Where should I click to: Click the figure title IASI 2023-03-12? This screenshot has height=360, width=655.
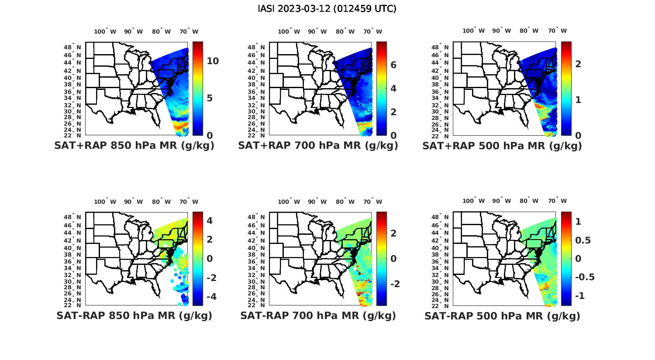click(x=327, y=9)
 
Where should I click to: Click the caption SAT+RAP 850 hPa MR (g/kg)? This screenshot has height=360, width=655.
click(x=134, y=146)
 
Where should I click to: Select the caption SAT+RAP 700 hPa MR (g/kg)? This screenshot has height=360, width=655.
click(x=318, y=146)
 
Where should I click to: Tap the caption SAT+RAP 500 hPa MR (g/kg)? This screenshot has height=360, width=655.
click(x=502, y=146)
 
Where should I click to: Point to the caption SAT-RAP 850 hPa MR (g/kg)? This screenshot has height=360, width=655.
click(x=134, y=315)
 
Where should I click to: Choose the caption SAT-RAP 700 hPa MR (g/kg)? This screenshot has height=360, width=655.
click(x=318, y=315)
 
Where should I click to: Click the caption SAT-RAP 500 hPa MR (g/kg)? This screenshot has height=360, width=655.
click(x=502, y=316)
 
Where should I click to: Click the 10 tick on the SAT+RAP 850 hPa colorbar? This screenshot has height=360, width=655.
click(x=213, y=61)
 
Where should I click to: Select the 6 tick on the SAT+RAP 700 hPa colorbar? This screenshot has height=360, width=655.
click(x=393, y=65)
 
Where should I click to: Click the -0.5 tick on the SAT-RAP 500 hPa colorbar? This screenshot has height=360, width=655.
click(x=585, y=277)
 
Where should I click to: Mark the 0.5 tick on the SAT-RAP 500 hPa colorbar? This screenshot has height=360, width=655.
click(x=583, y=240)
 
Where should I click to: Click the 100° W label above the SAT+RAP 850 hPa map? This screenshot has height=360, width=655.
click(x=105, y=31)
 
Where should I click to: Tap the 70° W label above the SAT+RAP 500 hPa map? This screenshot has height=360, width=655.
click(x=557, y=31)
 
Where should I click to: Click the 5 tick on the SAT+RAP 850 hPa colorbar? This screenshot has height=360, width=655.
click(x=210, y=98)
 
